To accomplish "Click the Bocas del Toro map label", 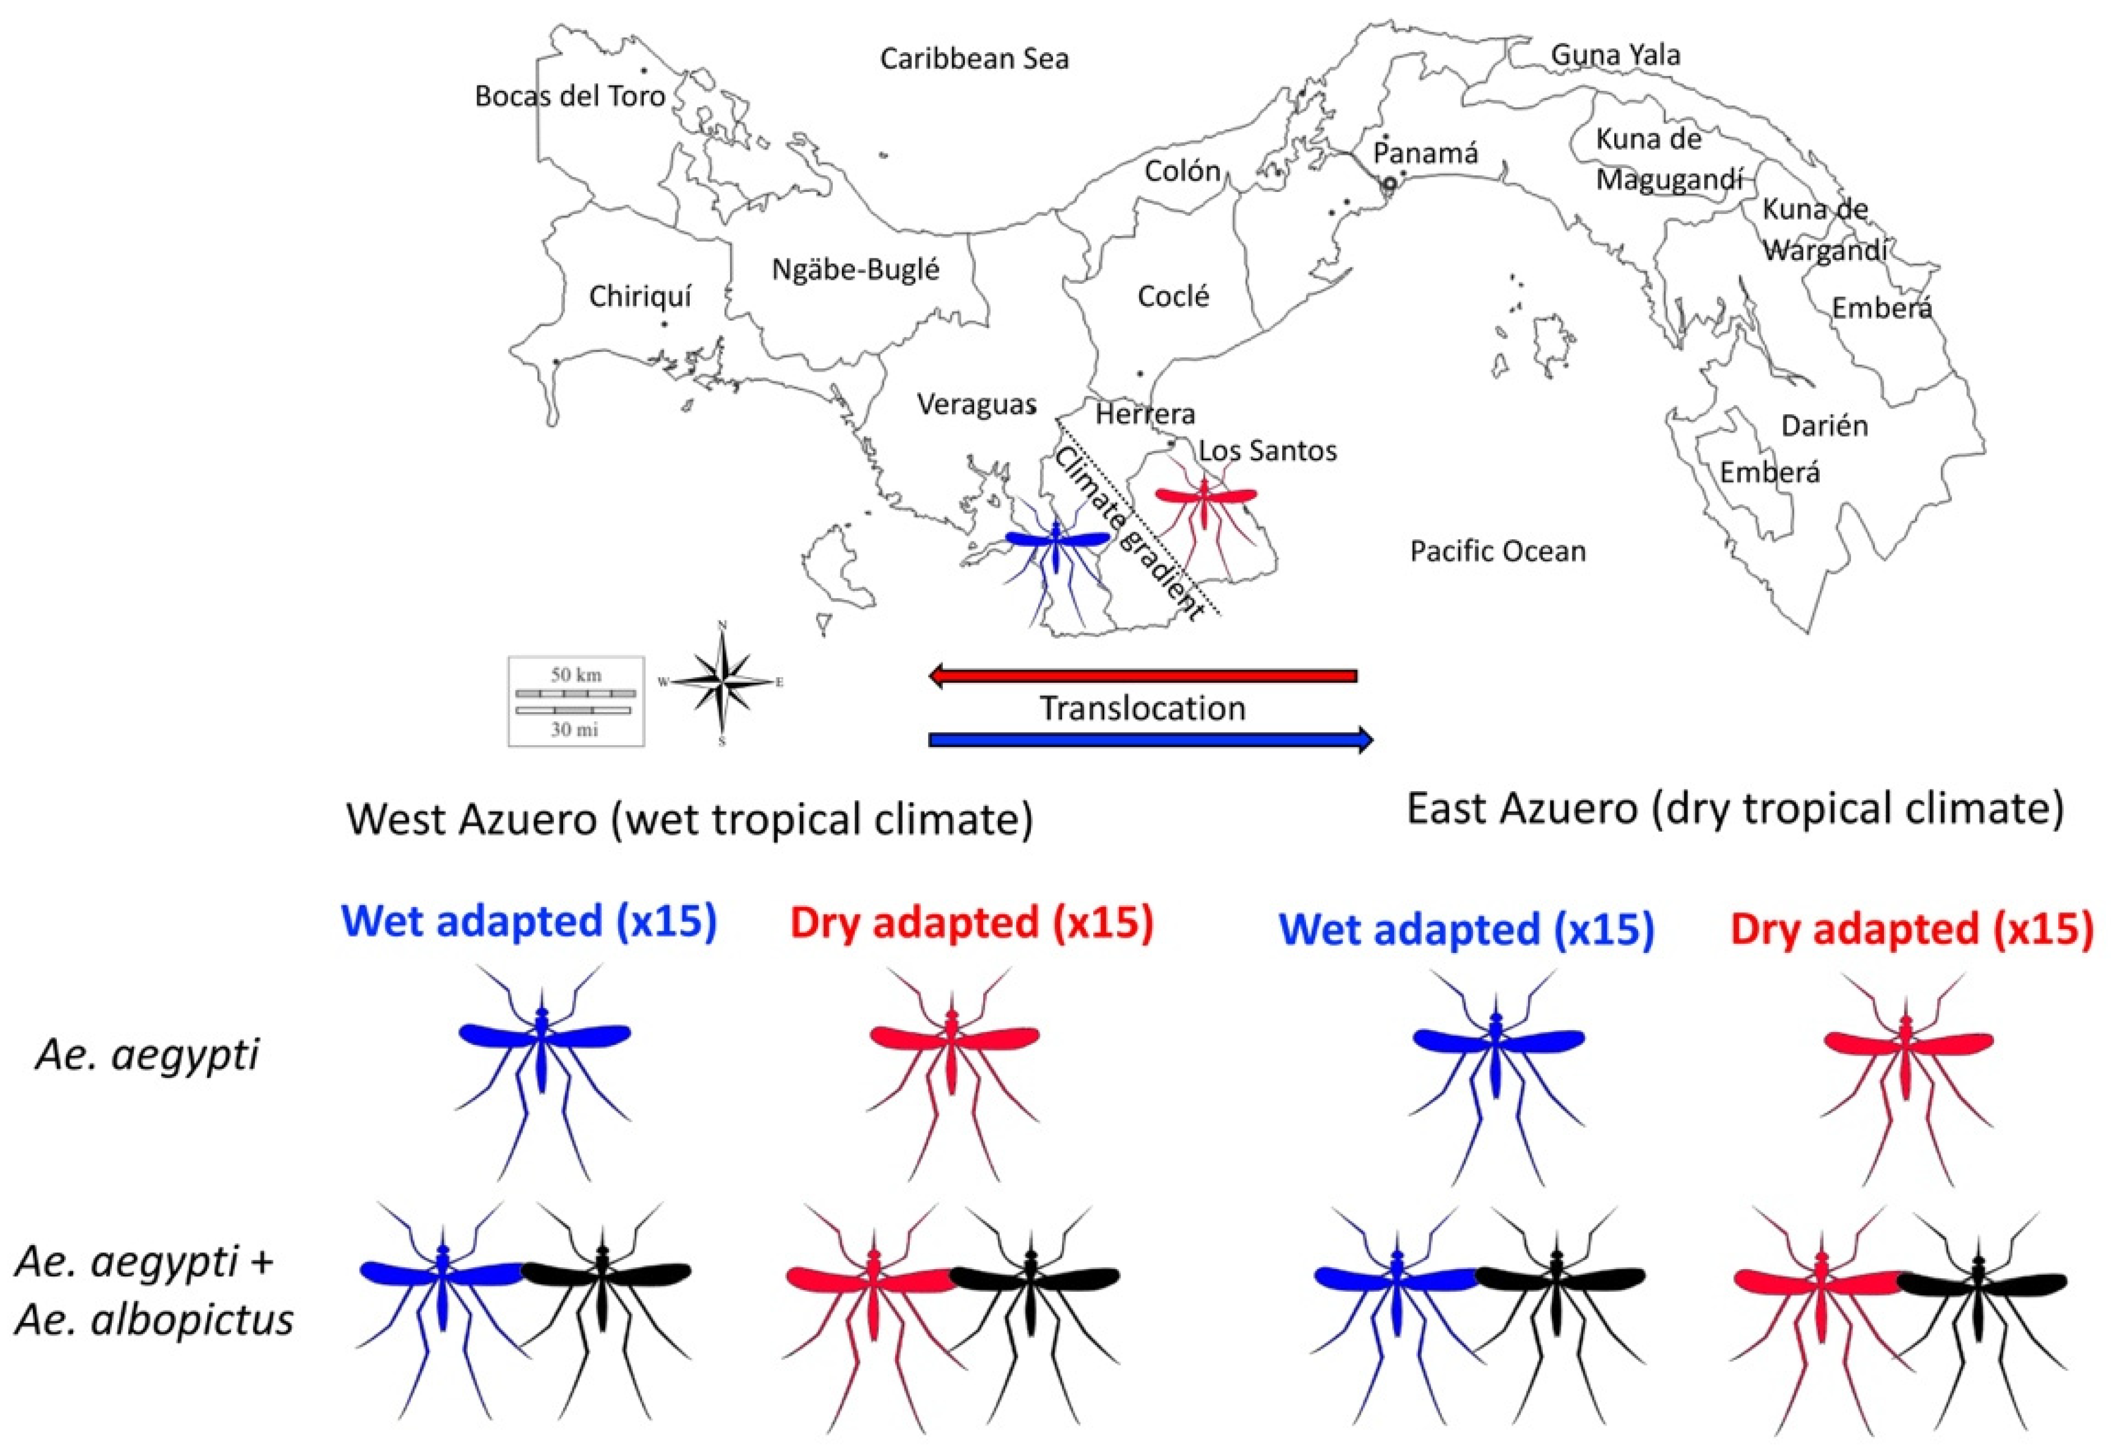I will [569, 96].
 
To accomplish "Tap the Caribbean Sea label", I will [973, 59].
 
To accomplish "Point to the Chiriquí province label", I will [640, 296].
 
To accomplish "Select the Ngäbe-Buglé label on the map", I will [855, 270].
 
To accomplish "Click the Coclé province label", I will [1173, 296].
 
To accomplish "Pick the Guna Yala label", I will [1615, 56].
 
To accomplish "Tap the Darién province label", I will [1824, 426].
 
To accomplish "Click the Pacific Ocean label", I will [1497, 551].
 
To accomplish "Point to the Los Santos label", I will [1267, 451].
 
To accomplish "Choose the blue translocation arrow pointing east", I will [1150, 740].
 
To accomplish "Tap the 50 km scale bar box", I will [576, 701].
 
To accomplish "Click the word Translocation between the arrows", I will [1142, 708].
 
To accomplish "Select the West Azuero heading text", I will [689, 818].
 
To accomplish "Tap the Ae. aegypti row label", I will [147, 1055].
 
